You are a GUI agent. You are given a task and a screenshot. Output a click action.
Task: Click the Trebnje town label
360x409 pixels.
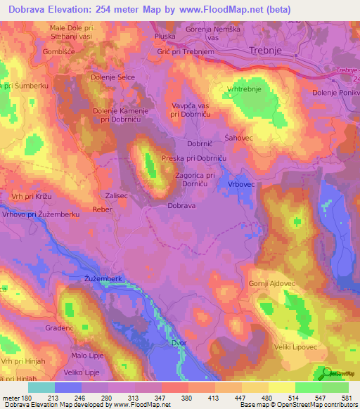point(265,51)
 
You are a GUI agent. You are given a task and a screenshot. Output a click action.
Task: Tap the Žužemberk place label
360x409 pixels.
point(103,279)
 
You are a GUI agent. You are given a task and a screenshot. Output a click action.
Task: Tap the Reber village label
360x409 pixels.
point(103,209)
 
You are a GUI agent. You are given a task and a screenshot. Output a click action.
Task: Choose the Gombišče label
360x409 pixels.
point(58,53)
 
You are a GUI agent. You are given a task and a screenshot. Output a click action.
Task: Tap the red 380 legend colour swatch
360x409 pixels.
point(173,387)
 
